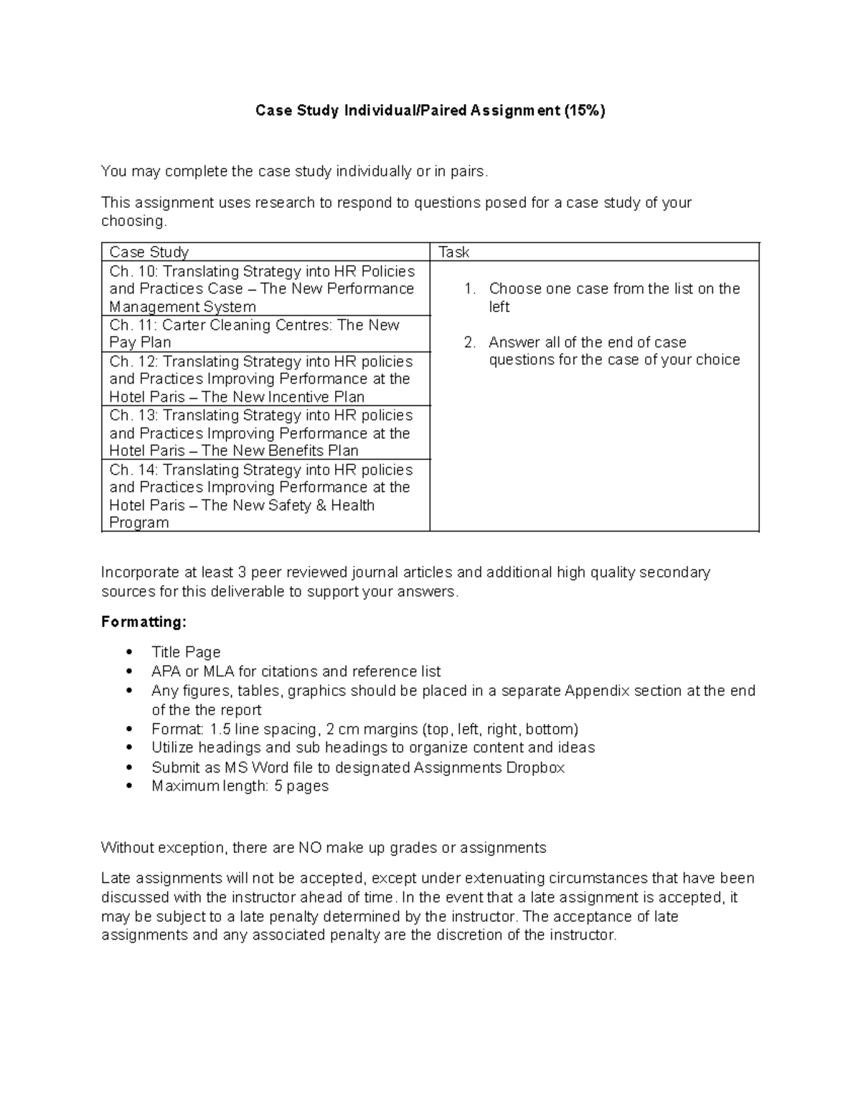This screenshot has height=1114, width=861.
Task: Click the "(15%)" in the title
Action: (x=584, y=110)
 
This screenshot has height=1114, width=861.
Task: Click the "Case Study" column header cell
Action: (x=149, y=252)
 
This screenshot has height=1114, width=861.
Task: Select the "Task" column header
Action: (x=453, y=252)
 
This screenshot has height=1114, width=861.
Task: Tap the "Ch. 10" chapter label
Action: (x=132, y=271)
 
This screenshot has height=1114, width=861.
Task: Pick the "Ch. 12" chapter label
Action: (x=132, y=362)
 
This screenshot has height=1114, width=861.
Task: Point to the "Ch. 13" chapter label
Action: (x=132, y=415)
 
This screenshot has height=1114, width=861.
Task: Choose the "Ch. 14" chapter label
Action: (x=132, y=470)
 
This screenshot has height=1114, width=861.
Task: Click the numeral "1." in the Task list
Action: (x=470, y=288)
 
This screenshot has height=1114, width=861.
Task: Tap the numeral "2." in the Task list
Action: (x=470, y=342)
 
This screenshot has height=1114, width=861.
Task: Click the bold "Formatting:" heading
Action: (x=143, y=622)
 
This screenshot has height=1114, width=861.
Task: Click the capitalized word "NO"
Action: (x=310, y=848)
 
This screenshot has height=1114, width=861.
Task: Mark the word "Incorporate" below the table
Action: (x=140, y=572)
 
